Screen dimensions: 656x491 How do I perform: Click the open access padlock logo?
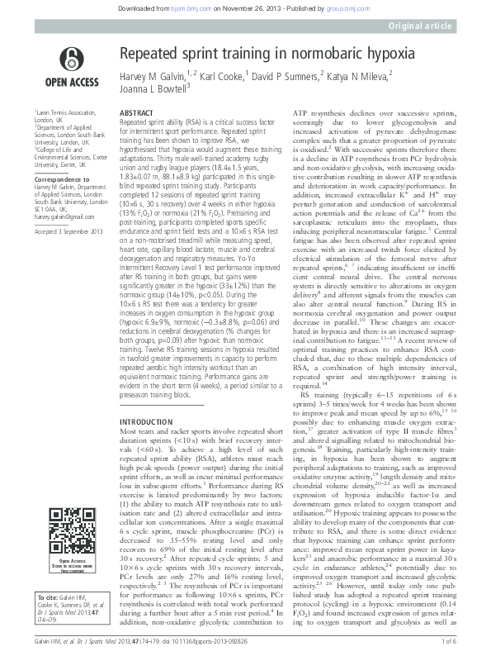point(70,57)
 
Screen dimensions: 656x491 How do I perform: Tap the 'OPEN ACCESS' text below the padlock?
point(70,82)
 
